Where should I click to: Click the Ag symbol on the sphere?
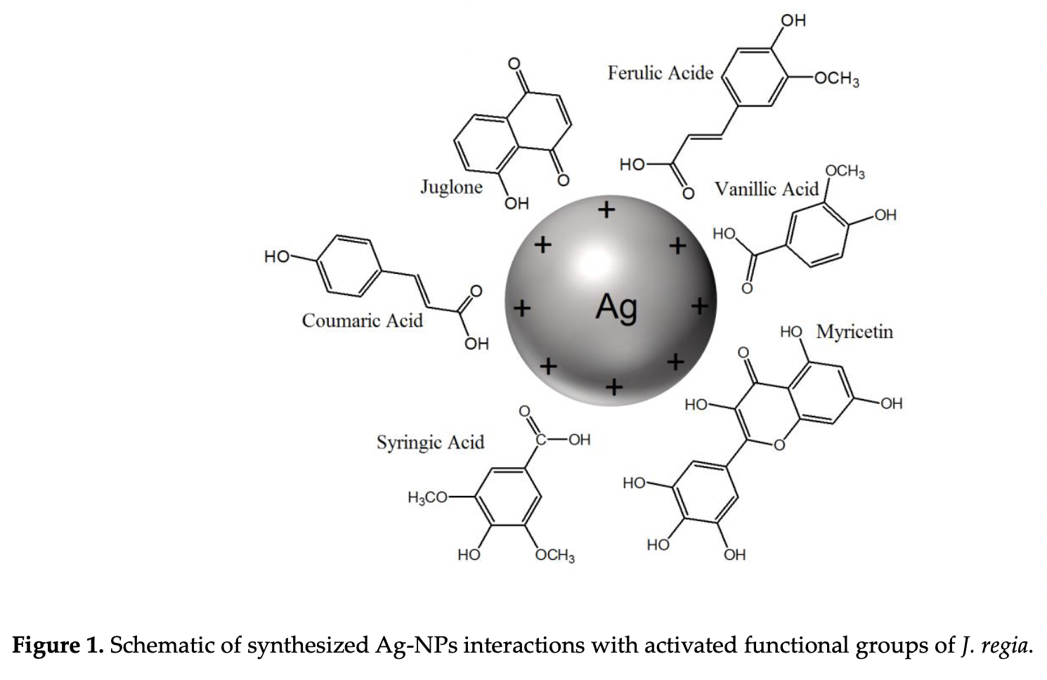click(616, 308)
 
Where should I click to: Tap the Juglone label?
click(452, 188)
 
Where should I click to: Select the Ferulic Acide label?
click(661, 73)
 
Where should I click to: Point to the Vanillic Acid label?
click(767, 189)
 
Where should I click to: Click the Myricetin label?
click(854, 332)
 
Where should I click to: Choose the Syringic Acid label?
click(431, 443)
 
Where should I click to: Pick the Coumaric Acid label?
click(363, 320)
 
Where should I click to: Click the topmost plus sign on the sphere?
click(606, 210)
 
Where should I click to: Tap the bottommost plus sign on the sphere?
click(613, 386)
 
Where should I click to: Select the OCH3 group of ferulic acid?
click(837, 79)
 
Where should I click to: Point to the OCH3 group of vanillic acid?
click(845, 171)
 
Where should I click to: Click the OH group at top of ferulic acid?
click(793, 20)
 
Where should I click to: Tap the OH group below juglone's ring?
click(516, 204)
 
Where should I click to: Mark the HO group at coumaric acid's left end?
click(277, 256)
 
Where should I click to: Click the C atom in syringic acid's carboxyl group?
click(541, 440)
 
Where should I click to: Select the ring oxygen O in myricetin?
click(779, 445)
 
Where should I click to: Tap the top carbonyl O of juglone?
click(514, 64)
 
